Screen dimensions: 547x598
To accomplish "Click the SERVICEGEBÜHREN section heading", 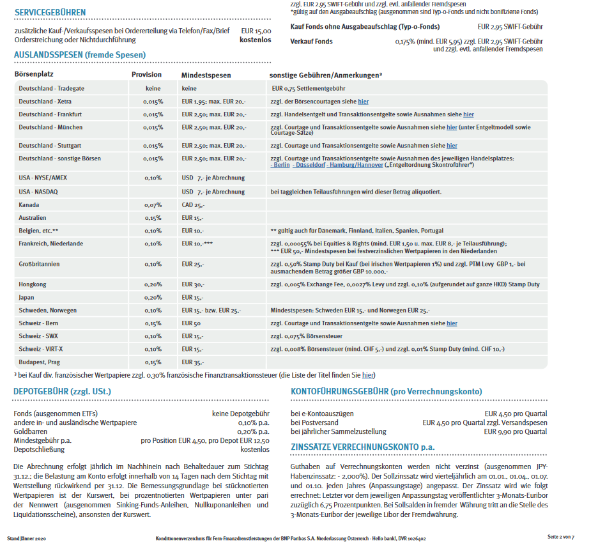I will pyautogui.click(x=50, y=13).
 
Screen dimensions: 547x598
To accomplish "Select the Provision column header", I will pyautogui.click(x=146, y=75).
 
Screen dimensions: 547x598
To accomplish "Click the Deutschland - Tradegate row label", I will pyautogui.click(x=51, y=89).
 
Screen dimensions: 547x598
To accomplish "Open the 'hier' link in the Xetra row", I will pyautogui.click(x=363, y=102).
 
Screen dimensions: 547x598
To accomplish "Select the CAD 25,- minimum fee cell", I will pyautogui.click(x=194, y=205).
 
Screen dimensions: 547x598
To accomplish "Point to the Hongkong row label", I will pyautogui.click(x=32, y=284).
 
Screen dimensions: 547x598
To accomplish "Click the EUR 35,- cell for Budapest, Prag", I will pyautogui.click(x=194, y=362).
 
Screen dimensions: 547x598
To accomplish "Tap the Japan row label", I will pyautogui.click(x=27, y=297).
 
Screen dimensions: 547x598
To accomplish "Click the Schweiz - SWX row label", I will pyautogui.click(x=39, y=336).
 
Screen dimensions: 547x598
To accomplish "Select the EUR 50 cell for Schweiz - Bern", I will pyautogui.click(x=191, y=323).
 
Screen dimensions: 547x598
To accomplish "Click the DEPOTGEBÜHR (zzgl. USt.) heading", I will pyautogui.click(x=63, y=391).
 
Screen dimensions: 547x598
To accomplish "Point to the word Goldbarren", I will pyautogui.click(x=31, y=431).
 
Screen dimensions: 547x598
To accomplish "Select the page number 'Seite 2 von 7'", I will pyautogui.click(x=560, y=537).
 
